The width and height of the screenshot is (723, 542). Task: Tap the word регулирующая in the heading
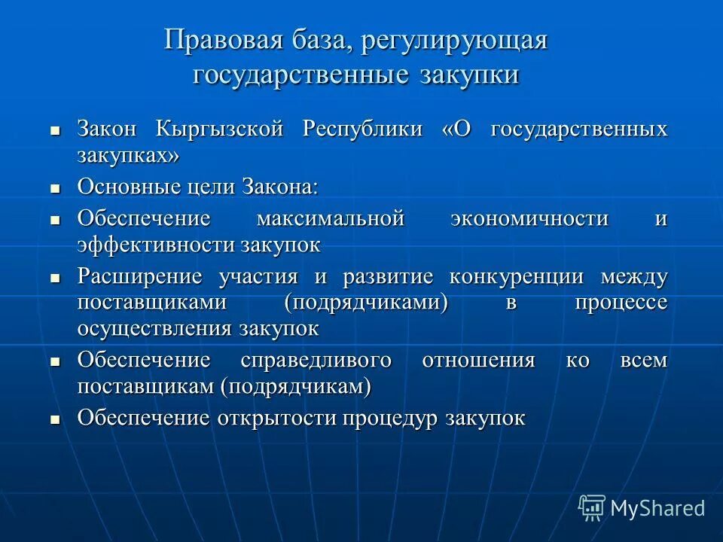tap(453, 41)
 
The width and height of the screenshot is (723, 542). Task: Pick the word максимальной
tap(331, 219)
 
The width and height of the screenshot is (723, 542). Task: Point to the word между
tap(634, 276)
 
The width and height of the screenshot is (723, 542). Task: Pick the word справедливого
tap(316, 361)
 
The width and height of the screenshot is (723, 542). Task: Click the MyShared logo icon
tap(592, 508)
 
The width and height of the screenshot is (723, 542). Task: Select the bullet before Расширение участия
tap(55, 277)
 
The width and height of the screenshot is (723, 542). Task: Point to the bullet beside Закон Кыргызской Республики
tap(55, 129)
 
